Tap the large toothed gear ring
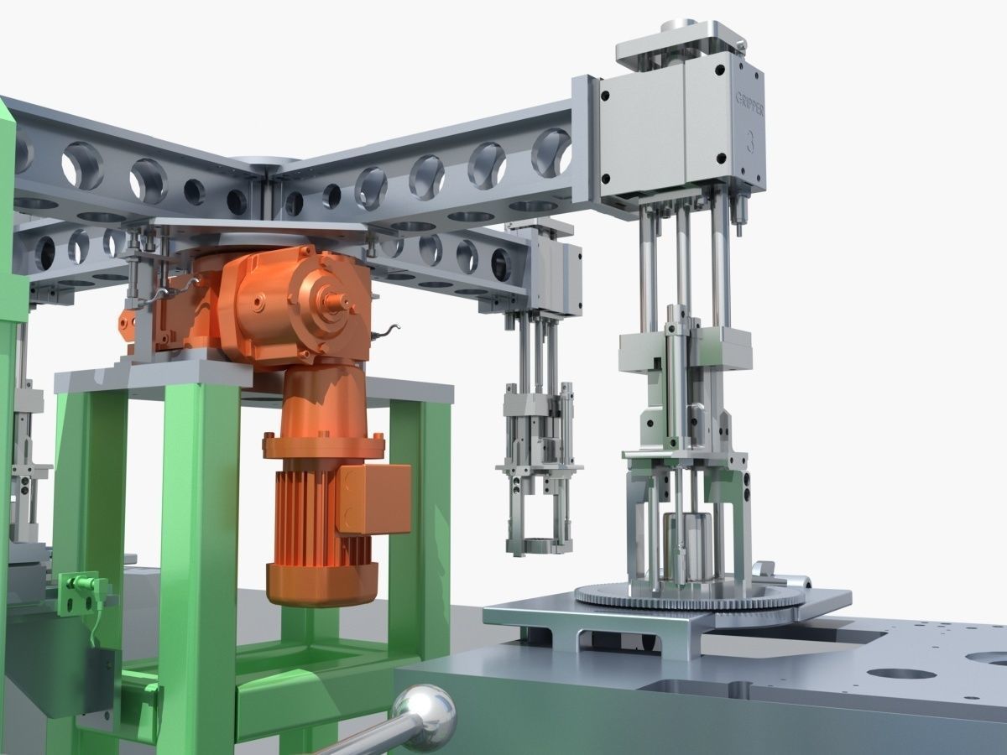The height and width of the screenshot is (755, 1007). (688, 596)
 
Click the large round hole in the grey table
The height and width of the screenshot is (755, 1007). (901, 674)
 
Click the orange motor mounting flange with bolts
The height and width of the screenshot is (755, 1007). (323, 445)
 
